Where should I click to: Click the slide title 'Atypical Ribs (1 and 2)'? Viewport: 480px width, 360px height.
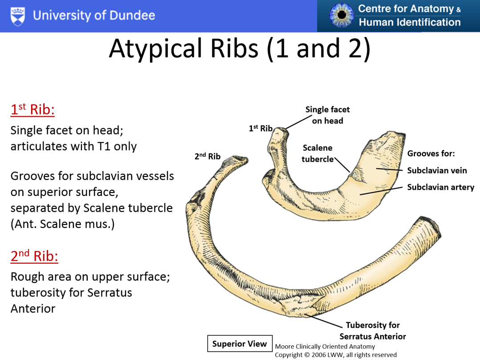[x=240, y=49]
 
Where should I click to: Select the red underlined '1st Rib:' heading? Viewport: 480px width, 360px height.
[x=33, y=110]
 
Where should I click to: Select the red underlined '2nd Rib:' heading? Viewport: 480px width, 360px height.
[x=34, y=256]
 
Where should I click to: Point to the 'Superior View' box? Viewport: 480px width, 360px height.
[x=240, y=344]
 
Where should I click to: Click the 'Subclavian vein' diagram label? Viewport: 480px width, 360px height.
[x=437, y=170]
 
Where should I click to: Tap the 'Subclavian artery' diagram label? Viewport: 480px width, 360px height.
[x=440, y=187]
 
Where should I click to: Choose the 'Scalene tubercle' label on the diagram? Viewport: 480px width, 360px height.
[x=317, y=153]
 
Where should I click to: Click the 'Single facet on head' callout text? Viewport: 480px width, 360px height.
[x=327, y=115]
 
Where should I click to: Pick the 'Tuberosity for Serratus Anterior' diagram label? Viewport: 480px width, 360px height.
[x=373, y=331]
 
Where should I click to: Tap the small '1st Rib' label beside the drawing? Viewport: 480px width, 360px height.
[x=260, y=129]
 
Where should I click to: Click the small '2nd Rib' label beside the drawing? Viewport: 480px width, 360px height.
[x=207, y=157]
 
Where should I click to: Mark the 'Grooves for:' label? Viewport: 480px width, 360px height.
[x=431, y=154]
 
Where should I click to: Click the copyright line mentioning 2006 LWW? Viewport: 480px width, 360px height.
[x=335, y=355]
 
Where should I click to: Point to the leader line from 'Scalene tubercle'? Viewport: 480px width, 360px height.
[x=342, y=165]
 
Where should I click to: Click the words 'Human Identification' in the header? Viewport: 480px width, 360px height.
[x=410, y=22]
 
